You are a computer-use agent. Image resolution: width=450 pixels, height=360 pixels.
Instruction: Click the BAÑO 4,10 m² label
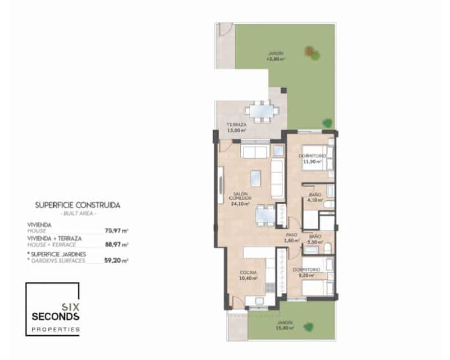pos(315,197)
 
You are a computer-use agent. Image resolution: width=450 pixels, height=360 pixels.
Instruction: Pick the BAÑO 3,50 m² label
pos(315,238)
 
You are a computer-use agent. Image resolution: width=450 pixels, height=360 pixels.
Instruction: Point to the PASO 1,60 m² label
pos(291,238)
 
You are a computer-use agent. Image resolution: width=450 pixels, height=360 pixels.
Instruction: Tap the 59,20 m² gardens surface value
pos(117,260)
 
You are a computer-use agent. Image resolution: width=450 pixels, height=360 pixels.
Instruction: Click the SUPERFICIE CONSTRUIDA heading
pos(78,206)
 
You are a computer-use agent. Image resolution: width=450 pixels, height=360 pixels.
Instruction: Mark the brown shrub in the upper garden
pos(309,52)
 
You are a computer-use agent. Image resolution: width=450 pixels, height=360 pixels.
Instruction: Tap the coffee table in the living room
pos(256,178)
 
